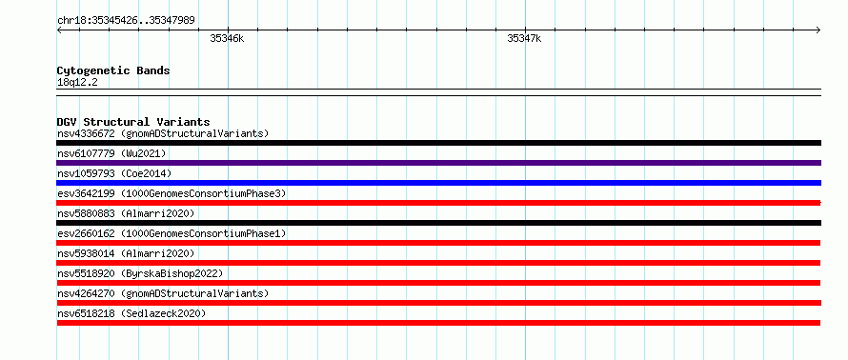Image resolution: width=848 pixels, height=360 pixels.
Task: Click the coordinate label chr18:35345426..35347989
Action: pyautogui.click(x=126, y=21)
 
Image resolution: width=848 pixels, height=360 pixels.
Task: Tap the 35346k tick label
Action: pyautogui.click(x=227, y=38)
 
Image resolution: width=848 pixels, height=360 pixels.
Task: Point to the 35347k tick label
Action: pyautogui.click(x=524, y=38)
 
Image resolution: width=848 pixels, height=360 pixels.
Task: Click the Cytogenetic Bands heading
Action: pyautogui.click(x=113, y=70)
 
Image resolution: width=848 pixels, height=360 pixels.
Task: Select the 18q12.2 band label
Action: pyautogui.click(x=77, y=83)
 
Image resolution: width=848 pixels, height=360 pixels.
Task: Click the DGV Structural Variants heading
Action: pyautogui.click(x=133, y=122)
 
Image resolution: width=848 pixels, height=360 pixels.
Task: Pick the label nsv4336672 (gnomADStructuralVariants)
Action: pyautogui.click(x=163, y=133)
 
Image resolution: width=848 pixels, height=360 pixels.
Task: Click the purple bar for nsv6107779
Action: pyautogui.click(x=439, y=163)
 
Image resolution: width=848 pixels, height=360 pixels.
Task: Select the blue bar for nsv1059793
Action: pyautogui.click(x=439, y=183)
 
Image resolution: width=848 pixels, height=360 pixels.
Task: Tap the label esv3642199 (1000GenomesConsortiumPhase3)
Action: pyautogui.click(x=172, y=193)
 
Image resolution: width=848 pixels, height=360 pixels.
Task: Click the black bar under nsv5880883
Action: pyautogui.click(x=439, y=223)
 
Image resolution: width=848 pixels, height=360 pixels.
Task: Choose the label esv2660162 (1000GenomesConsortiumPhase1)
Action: pyautogui.click(x=172, y=233)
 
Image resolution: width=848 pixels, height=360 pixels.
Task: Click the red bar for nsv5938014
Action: pyautogui.click(x=438, y=263)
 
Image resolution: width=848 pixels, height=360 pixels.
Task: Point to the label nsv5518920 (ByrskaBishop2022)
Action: pyautogui.click(x=139, y=273)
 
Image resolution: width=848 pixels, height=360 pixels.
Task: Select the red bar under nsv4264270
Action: pyautogui.click(x=439, y=303)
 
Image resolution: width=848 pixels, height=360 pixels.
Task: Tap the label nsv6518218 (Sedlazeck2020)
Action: pyautogui.click(x=131, y=313)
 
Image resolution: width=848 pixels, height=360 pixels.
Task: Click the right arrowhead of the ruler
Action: pyautogui.click(x=818, y=30)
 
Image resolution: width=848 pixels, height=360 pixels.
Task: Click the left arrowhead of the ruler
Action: pyautogui.click(x=59, y=30)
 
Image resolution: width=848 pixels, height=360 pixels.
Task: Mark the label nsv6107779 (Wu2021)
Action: pyautogui.click(x=111, y=153)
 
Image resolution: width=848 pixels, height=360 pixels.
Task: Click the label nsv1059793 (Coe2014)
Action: pyautogui.click(x=114, y=173)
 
